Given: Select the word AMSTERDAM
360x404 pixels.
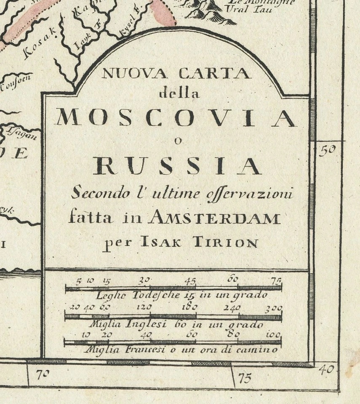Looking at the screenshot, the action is pyautogui.click(x=215, y=218).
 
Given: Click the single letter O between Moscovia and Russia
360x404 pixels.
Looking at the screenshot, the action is pyautogui.click(x=178, y=141).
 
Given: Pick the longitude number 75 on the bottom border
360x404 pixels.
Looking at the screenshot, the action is pyautogui.click(x=245, y=377).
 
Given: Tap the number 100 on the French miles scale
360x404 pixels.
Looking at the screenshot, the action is pyautogui.click(x=273, y=335).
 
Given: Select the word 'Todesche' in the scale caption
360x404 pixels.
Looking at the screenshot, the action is pyautogui.click(x=151, y=295).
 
